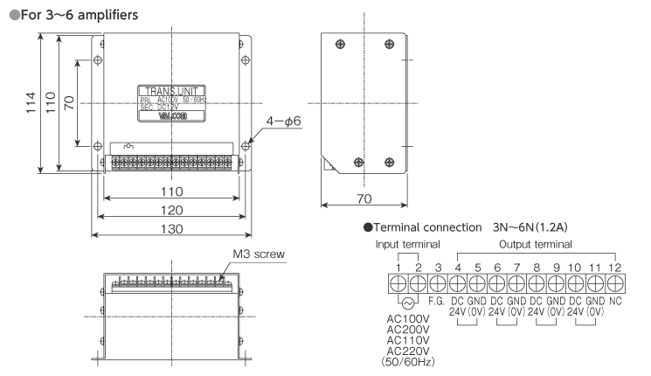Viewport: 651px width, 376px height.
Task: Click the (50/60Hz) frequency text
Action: click(x=404, y=359)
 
